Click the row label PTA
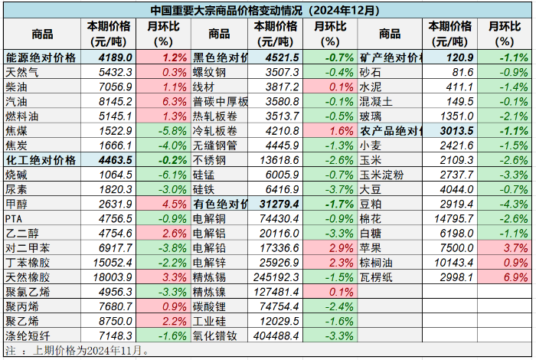click(x=15, y=218)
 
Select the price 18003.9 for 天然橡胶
click(x=112, y=277)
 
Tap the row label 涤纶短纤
click(x=26, y=336)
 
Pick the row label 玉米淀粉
click(x=381, y=175)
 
